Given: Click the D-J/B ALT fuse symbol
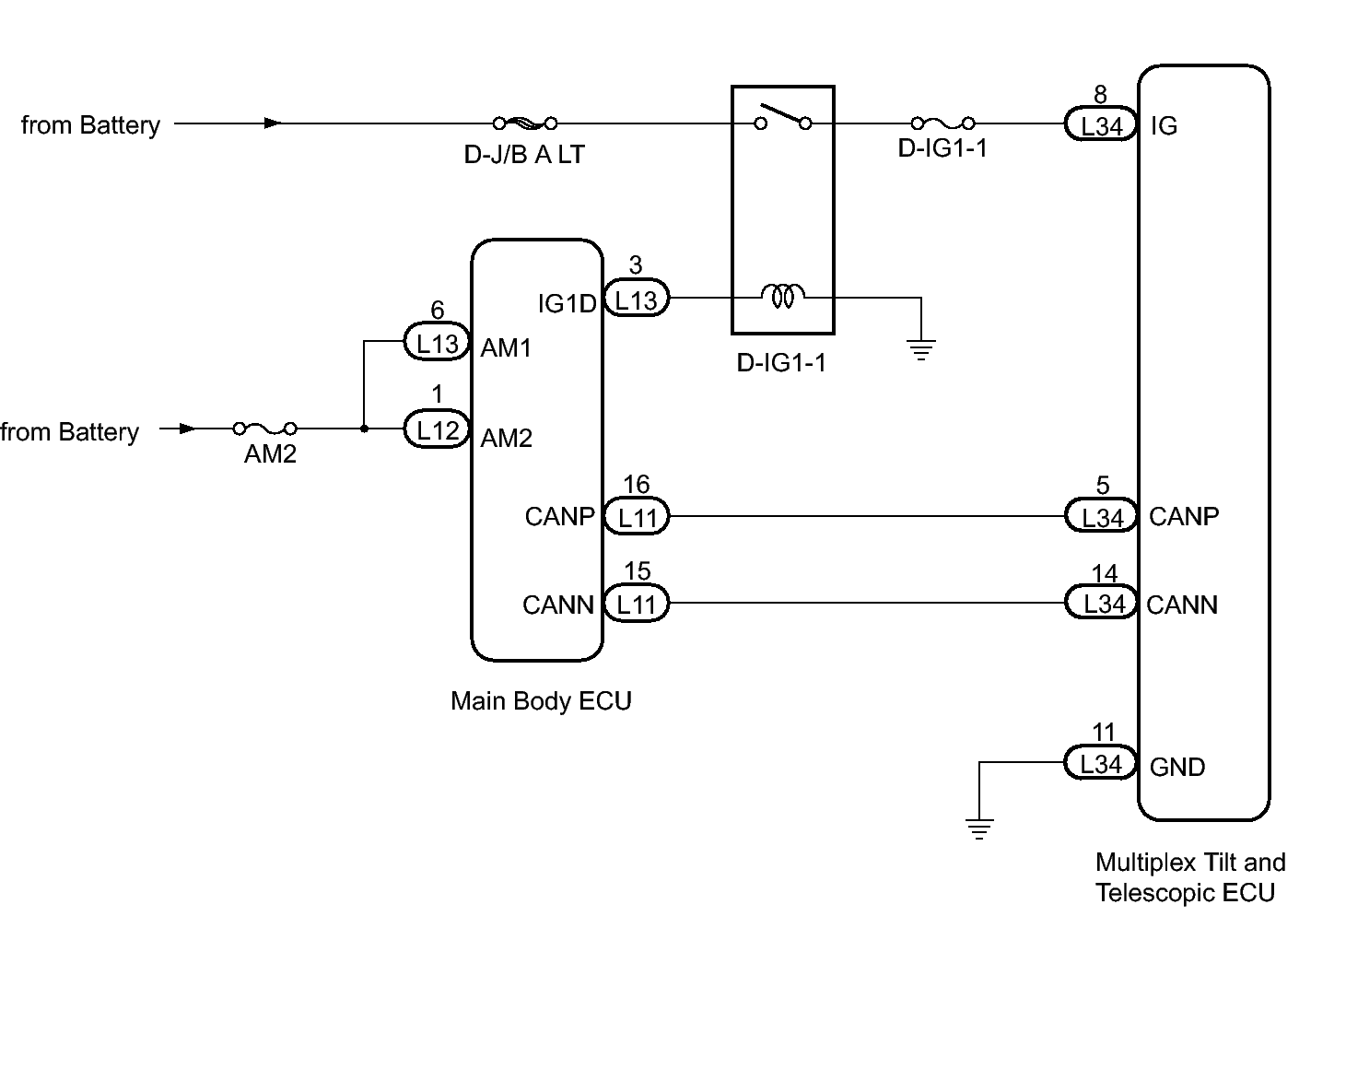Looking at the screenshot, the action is coord(525,123).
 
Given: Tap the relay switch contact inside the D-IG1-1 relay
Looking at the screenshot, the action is coord(783,117).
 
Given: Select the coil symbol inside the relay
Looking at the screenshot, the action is coord(782,296).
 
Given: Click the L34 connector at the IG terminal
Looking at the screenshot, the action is coord(1100,123).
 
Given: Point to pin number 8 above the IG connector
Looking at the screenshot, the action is coord(1100,95).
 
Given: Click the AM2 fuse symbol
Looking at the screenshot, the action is coord(264,429).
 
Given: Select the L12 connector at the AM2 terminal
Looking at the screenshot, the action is coord(437,429).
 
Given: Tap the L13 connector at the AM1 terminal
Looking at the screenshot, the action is coord(437,341).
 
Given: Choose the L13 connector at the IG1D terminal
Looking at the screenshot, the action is coord(636,298).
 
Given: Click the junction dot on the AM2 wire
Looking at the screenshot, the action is coord(364,429).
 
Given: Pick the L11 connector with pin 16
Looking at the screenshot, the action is coord(637,516).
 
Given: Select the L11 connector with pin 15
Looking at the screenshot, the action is coord(637,604).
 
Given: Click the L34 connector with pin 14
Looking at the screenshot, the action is coord(1101,602).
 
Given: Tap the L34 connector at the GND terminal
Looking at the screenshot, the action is coord(1100,762).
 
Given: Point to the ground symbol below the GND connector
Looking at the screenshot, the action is coord(978,828).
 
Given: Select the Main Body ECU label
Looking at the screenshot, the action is coord(541,701).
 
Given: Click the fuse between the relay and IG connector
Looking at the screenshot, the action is coord(943,123).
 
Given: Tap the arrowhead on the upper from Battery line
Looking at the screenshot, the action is coord(273,123).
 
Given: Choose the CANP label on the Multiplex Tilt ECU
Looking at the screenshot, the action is coord(1184,517).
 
